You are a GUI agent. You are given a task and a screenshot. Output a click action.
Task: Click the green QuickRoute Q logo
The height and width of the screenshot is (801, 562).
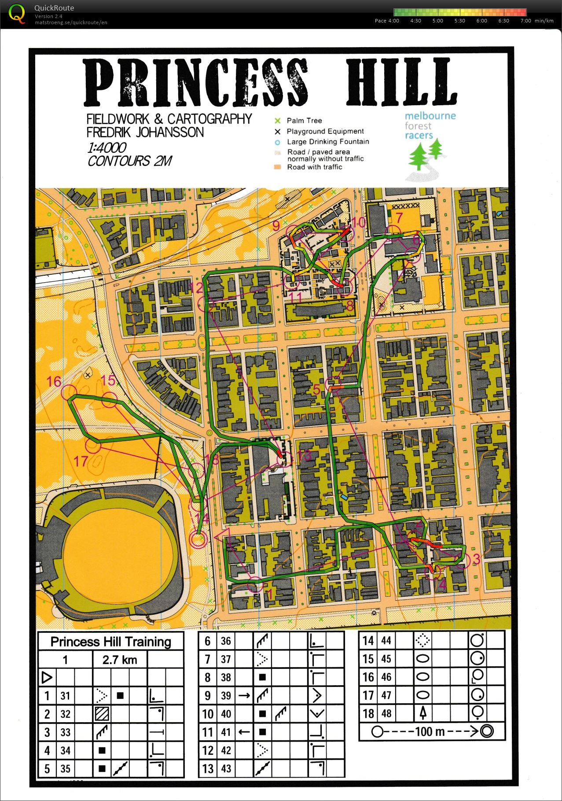click(x=17, y=13)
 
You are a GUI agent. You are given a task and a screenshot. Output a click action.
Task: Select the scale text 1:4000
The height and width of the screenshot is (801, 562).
click(x=107, y=148)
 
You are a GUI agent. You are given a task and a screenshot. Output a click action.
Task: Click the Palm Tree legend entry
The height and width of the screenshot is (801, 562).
click(x=304, y=121)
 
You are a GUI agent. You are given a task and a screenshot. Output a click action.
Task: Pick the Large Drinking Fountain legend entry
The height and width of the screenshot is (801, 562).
click(x=327, y=142)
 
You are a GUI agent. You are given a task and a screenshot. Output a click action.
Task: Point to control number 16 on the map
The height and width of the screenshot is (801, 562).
click(x=54, y=381)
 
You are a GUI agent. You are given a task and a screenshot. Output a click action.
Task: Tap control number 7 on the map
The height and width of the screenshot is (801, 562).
click(x=399, y=218)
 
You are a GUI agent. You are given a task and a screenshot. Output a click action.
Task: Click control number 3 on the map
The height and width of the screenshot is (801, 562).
click(x=476, y=558)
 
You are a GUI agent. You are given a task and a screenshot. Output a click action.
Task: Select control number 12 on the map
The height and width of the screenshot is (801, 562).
click(x=196, y=288)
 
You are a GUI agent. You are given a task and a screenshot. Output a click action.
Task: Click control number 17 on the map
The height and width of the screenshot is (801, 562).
click(x=81, y=461)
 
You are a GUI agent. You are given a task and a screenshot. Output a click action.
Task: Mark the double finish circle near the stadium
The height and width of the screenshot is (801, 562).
click(x=198, y=539)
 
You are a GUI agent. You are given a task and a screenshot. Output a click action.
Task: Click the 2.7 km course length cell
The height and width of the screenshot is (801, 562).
click(x=120, y=660)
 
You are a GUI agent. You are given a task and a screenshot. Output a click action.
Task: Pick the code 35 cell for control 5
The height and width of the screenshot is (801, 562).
click(x=65, y=769)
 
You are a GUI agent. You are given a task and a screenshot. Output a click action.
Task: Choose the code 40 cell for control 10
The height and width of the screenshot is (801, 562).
click(x=226, y=714)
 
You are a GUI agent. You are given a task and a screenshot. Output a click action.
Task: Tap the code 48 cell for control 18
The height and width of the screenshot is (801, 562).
click(x=386, y=713)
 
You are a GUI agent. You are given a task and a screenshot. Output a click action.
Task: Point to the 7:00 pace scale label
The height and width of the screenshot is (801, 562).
click(x=525, y=21)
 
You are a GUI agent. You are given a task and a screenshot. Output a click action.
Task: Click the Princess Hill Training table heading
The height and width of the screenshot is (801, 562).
click(x=110, y=642)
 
